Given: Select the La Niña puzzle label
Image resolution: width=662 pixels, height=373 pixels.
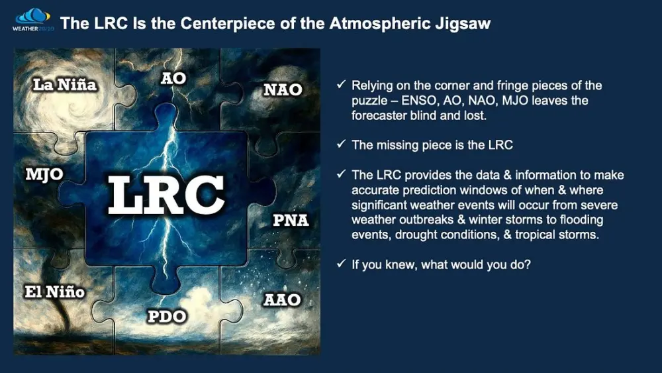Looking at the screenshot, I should coord(66,85).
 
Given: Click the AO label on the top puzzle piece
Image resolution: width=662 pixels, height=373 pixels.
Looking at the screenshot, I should coord(173,78).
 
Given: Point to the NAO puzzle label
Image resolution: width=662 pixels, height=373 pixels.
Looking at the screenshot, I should coord(283,89).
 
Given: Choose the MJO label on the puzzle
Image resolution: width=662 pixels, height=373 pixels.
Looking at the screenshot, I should coord(44,176).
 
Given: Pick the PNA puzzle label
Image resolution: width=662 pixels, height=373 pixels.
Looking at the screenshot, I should coord(291,220).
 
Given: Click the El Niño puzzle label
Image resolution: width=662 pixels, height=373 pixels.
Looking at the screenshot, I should coord(55,291).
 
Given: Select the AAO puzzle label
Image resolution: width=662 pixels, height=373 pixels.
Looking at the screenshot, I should coord(282,300).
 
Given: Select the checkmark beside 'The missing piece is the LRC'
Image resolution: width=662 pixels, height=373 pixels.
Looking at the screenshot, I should coord(340,145).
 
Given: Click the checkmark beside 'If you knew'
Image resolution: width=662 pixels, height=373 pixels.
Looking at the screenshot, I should coord(340,264).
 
